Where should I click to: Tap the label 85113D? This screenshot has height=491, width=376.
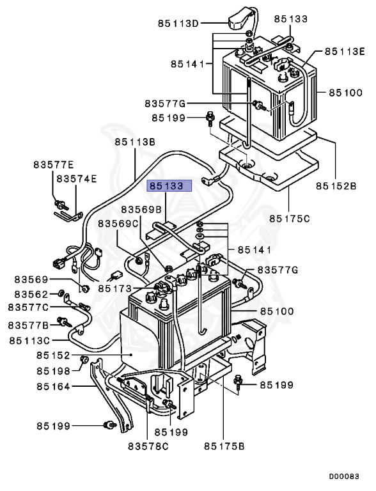178,24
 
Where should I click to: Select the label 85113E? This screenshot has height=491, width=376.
345,51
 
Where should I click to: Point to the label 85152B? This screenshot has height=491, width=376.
336,186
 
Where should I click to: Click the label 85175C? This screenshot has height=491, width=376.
290,218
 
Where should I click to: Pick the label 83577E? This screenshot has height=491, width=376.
54,165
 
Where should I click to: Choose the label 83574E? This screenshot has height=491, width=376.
77,179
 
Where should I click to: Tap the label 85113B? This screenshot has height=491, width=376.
135,142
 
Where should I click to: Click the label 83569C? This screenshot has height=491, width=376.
118,224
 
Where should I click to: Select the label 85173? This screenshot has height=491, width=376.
115,288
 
